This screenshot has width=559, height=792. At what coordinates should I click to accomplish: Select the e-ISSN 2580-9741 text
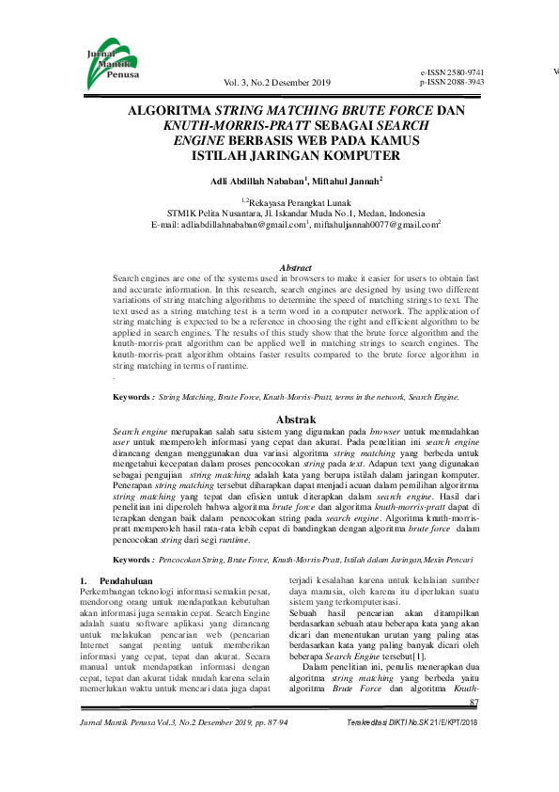[452, 72]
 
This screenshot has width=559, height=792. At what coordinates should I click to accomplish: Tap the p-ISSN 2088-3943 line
[452, 82]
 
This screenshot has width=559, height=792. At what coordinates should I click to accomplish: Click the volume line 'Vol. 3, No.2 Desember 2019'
[279, 83]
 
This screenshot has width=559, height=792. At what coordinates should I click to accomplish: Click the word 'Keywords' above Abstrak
[132, 398]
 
